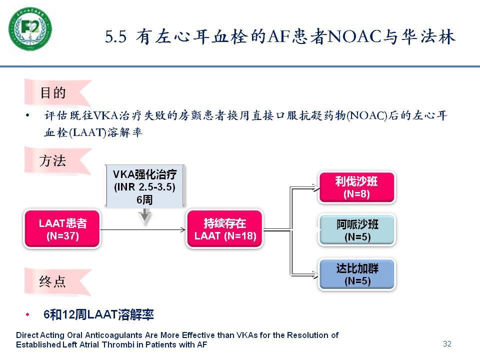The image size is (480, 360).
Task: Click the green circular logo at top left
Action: click(x=30, y=29)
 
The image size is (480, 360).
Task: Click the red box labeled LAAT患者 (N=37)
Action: click(x=62, y=229)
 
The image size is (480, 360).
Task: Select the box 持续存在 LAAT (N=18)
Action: click(x=224, y=229)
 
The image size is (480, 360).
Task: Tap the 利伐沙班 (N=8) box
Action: click(x=356, y=187)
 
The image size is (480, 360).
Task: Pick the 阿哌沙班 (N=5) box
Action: click(x=357, y=230)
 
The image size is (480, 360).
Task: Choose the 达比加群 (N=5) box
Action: click(x=357, y=274)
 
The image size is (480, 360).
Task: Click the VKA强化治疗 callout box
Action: click(x=145, y=186)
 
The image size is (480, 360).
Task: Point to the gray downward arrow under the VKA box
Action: click(x=145, y=216)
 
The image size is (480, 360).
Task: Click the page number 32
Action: click(x=447, y=344)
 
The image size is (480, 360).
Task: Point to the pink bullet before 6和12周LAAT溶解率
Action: click(x=27, y=314)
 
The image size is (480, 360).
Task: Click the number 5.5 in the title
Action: click(x=115, y=36)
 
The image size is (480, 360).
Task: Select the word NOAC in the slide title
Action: click(x=354, y=36)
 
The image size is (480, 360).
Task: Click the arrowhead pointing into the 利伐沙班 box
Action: click(x=315, y=187)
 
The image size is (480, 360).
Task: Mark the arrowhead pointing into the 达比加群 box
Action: click(x=315, y=274)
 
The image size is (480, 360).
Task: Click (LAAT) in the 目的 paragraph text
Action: click(x=87, y=132)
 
